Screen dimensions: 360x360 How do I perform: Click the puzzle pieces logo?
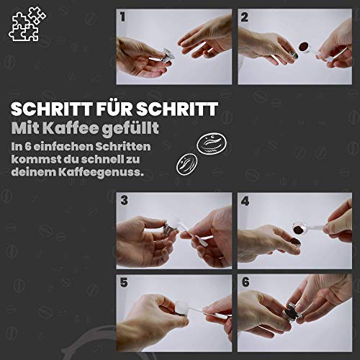(27, 24)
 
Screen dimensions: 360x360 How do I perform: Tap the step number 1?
(123, 17)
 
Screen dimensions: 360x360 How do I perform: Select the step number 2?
(244, 17)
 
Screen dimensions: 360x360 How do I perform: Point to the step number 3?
(125, 200)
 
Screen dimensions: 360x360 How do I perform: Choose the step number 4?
(245, 201)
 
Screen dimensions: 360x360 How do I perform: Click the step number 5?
(124, 282)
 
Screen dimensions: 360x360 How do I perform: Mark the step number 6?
(246, 282)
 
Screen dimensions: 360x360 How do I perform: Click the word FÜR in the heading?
(114, 109)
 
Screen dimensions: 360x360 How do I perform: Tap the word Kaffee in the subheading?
(71, 128)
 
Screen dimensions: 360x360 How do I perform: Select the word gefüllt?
(130, 129)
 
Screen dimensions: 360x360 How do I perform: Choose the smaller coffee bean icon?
(187, 164)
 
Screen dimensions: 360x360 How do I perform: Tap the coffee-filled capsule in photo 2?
(305, 46)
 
